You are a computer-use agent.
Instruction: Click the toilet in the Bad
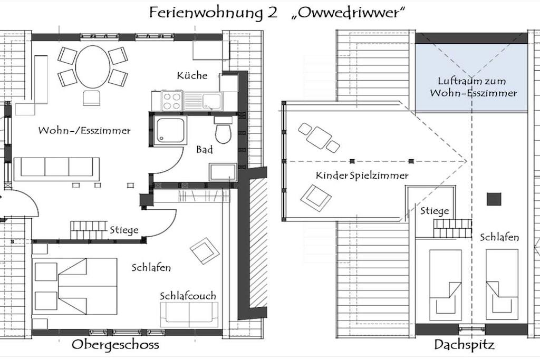tap(223, 130)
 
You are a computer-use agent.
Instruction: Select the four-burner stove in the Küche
tap(172, 101)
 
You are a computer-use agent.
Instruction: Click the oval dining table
tap(93, 67)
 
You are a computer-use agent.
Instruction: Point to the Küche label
tap(192, 75)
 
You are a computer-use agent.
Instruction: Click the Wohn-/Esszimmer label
tap(84, 130)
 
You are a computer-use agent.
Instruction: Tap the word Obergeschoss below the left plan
tap(115, 345)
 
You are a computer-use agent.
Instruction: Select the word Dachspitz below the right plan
tap(464, 345)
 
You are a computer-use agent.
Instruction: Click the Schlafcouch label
tap(188, 296)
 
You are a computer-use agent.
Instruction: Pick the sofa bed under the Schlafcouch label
tap(189, 315)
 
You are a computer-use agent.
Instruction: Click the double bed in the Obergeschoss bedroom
tap(75, 286)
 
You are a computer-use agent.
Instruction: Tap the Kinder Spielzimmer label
tap(362, 176)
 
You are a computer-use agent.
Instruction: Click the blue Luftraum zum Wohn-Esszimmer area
tap(471, 77)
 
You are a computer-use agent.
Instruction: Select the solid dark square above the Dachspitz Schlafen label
tap(494, 199)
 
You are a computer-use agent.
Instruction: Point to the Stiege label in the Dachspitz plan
tap(435, 211)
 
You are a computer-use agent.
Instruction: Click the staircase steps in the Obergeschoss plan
tap(89, 230)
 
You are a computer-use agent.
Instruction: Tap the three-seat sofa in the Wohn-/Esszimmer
tap(57, 169)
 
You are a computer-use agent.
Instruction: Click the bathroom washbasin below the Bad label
tap(223, 172)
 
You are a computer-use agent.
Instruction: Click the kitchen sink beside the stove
tap(203, 101)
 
